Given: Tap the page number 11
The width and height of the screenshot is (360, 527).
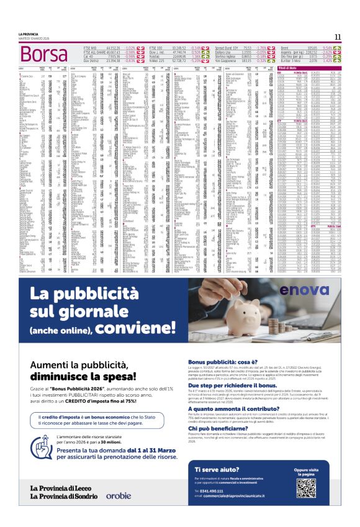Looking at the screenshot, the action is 338,37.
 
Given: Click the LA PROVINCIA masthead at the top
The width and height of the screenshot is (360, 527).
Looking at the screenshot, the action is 29,33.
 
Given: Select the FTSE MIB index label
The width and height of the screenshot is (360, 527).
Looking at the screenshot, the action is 90,47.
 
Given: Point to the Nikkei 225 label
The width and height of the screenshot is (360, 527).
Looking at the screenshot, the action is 158,61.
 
